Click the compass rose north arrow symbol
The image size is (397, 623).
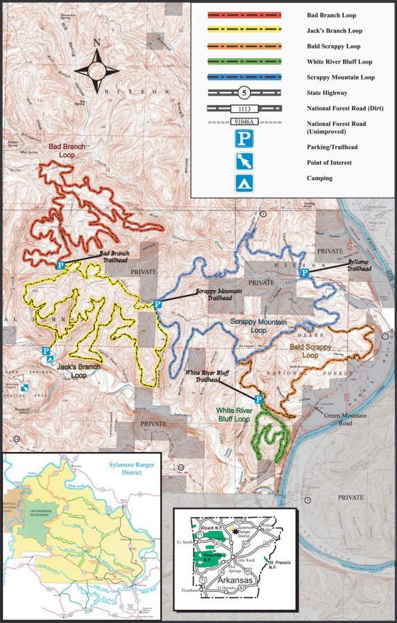click(x=97, y=70)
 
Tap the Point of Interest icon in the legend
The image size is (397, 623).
click(x=247, y=163)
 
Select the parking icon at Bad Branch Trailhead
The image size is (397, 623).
click(x=60, y=265)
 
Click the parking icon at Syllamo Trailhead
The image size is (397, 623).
click(x=303, y=275)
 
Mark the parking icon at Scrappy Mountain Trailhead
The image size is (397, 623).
click(x=157, y=304)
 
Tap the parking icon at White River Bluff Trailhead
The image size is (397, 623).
click(x=259, y=399)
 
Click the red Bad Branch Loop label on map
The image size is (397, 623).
click(x=66, y=152)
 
